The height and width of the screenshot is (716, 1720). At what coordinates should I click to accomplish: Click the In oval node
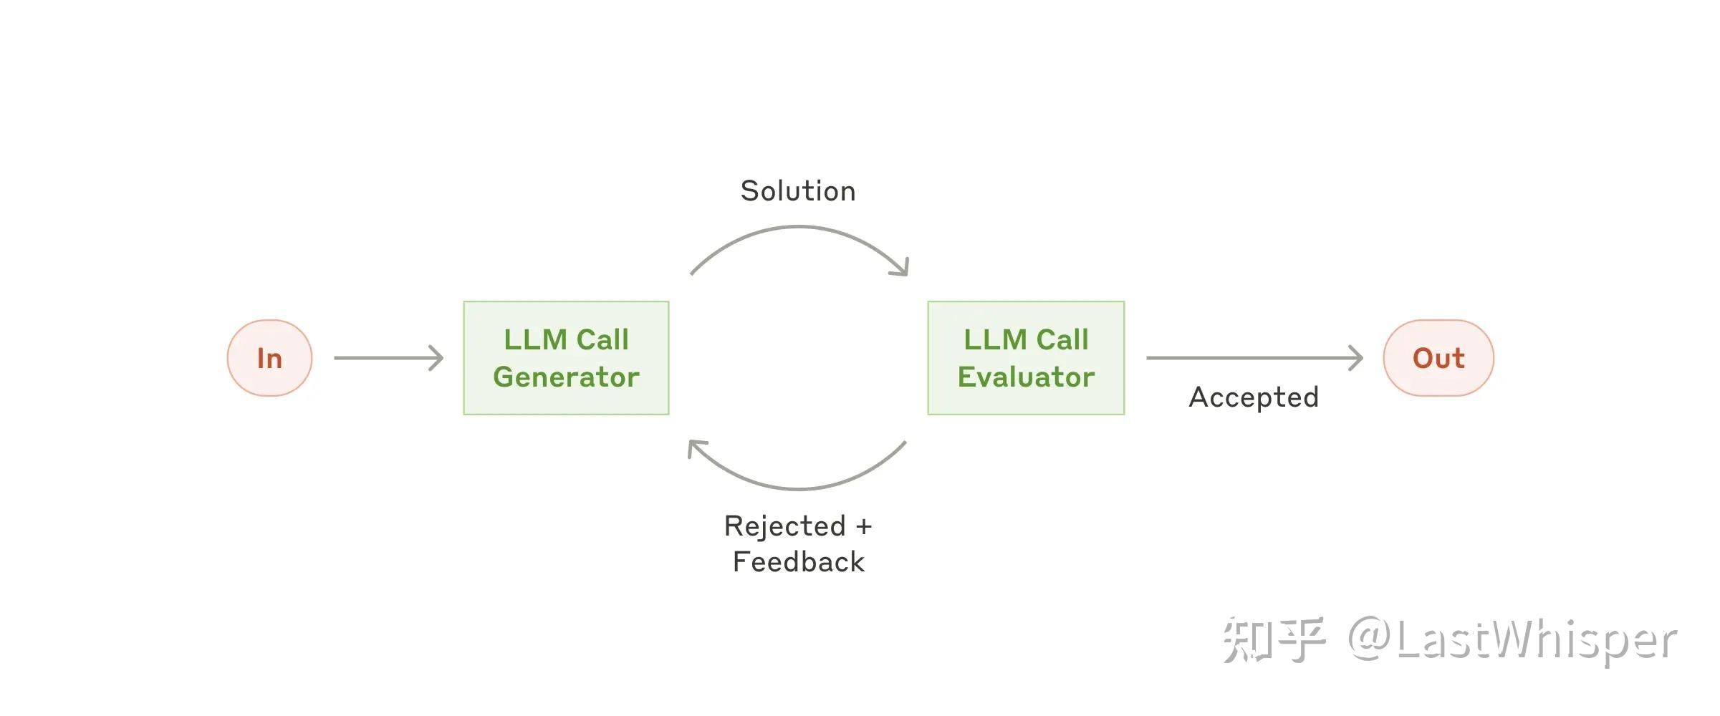pos(269,358)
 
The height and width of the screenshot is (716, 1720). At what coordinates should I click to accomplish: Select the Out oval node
pos(1438,358)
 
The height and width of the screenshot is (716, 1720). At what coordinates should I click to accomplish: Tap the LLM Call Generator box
pos(566,358)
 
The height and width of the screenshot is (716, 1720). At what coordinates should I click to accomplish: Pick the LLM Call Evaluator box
pos(1026,358)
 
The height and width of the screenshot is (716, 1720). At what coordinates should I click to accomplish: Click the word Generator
pos(566,377)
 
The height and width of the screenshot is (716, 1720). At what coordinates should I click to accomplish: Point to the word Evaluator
pos(1026,377)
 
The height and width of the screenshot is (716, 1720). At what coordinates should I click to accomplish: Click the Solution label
pos(798,191)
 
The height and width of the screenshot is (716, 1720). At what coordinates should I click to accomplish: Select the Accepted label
pos(1254,397)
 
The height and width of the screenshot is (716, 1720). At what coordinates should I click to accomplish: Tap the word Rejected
pos(785,527)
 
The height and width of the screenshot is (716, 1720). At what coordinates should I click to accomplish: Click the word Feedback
pos(799,562)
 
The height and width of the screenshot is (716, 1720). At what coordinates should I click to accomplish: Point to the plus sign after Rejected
pos(864,527)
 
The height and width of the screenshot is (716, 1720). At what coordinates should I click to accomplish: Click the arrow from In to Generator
pos(389,358)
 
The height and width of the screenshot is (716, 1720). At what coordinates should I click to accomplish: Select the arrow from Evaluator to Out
pos(1254,358)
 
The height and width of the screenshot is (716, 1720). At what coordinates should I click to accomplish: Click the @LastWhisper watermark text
pos(1512,639)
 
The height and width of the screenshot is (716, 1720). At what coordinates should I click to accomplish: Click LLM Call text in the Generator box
pos(566,339)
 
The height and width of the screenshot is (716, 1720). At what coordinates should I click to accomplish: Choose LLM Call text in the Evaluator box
pos(1026,339)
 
